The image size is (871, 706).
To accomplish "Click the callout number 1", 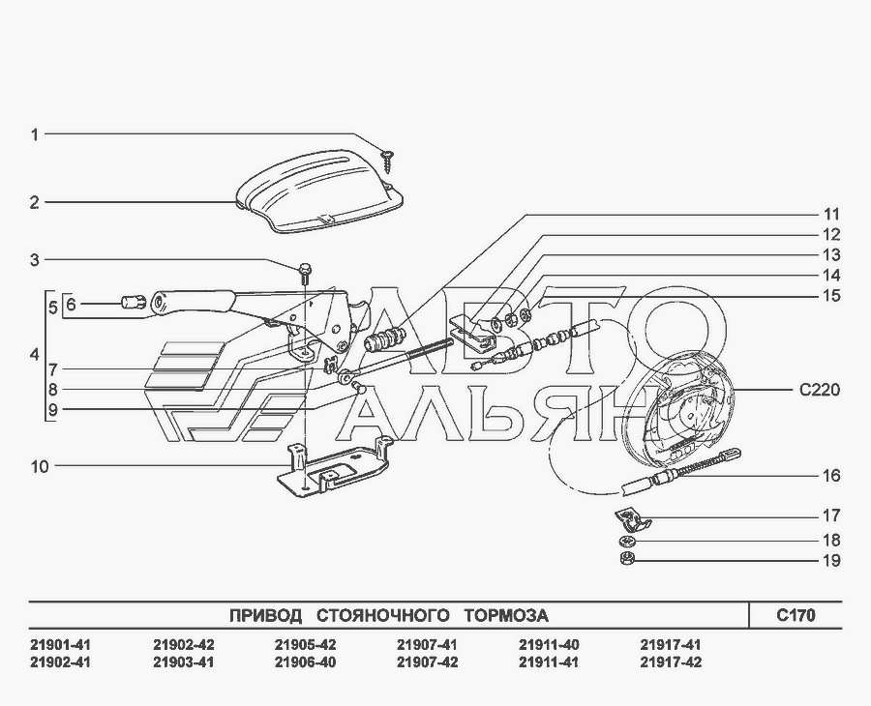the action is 35,134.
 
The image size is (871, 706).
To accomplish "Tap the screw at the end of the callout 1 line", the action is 386,160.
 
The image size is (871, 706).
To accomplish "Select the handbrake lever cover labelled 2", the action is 319,194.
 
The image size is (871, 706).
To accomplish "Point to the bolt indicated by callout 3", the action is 305,273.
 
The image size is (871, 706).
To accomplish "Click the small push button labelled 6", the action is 133,303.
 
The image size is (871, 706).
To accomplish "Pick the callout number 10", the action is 40,467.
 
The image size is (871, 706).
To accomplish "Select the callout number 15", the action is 831,296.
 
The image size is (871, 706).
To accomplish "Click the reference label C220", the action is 820,390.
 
